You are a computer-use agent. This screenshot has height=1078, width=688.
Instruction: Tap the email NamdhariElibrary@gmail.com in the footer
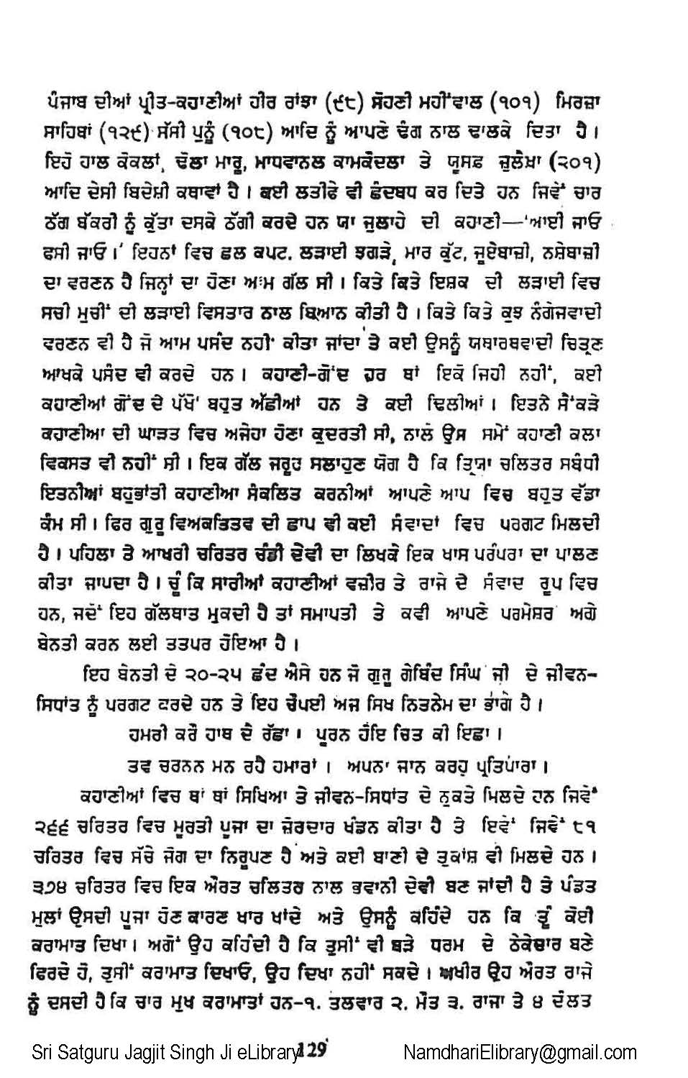(x=520, y=1054)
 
